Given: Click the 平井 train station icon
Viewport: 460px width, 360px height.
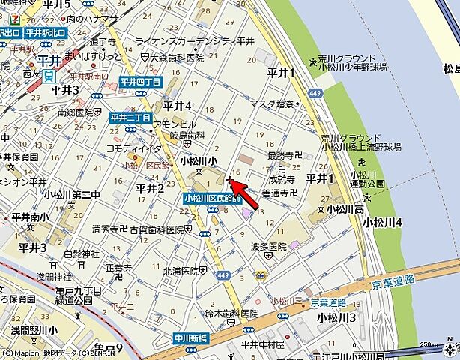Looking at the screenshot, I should [49, 75].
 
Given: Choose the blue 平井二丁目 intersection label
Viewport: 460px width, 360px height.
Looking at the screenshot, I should [130, 118].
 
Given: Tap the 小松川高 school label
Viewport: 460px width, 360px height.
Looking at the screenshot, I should [347, 209].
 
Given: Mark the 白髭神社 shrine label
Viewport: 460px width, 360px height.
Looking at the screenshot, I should [82, 254].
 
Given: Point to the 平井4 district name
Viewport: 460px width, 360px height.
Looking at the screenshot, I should [178, 105].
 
